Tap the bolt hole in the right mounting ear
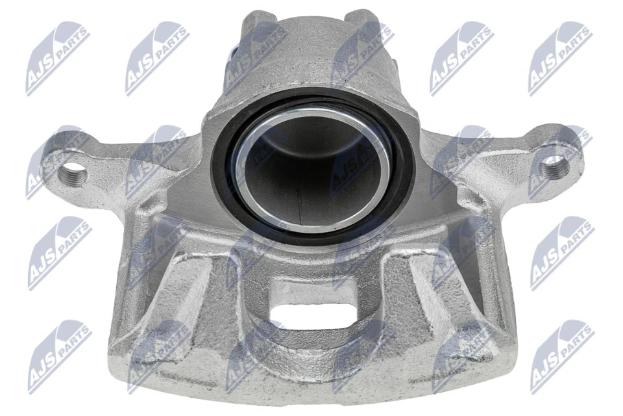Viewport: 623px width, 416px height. point(555,168)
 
